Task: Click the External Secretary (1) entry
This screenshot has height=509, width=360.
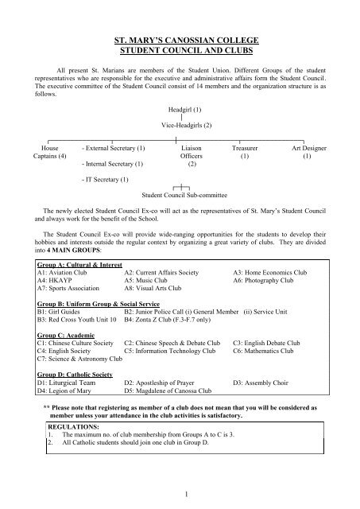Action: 113,148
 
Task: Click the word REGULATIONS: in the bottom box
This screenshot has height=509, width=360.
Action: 75,426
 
